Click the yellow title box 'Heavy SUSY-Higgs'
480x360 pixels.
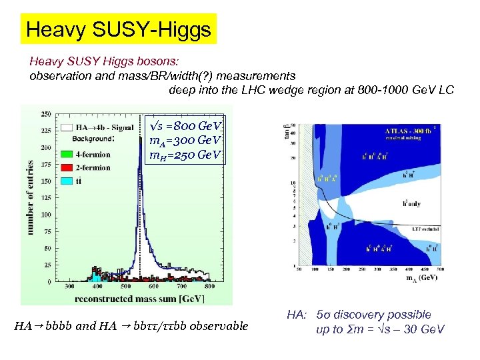tap(118, 29)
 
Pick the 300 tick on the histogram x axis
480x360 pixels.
tap(69, 286)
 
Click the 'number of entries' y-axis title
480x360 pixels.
tap(30, 197)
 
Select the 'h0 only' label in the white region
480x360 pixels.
tap(406, 204)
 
